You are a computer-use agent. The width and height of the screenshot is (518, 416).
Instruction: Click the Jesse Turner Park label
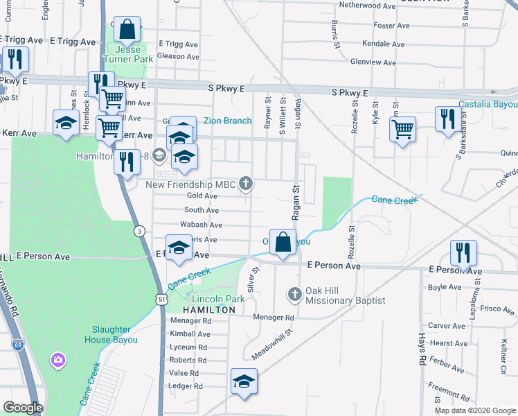tap(127, 55)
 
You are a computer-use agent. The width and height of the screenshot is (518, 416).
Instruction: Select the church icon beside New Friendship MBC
tap(245, 184)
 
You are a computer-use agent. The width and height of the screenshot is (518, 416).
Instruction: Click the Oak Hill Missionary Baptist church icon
tap(295, 294)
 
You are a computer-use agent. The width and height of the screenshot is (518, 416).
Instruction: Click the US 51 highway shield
tap(161, 299)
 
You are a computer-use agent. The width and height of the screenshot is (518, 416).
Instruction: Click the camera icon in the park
tap(57, 360)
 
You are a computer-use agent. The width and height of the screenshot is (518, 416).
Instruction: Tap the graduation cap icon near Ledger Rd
tap(243, 383)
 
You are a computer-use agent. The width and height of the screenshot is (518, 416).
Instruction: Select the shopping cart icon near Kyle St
tap(402, 129)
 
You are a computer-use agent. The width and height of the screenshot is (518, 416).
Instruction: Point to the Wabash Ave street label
tap(201, 225)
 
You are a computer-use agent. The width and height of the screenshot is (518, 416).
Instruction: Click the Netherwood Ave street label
tap(367, 5)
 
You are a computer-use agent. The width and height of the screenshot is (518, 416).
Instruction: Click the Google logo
tap(23, 408)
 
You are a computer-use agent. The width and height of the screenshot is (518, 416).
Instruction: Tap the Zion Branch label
tap(227, 121)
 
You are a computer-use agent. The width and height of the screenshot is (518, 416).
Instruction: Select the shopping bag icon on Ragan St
tap(283, 243)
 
